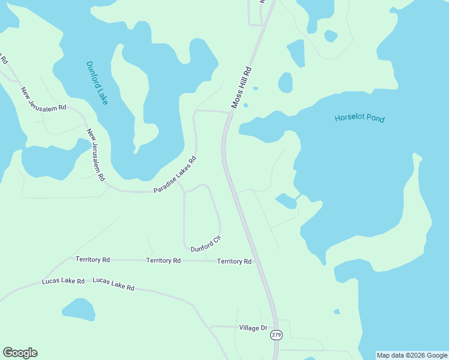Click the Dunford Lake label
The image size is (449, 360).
point(97,83)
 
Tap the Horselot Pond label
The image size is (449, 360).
point(359,118)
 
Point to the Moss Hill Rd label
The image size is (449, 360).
point(241,88)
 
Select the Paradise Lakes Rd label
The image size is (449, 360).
point(175,175)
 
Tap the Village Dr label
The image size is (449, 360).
point(253,328)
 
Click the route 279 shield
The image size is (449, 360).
point(276,335)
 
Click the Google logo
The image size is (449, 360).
point(20,353)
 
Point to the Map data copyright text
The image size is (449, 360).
point(411,355)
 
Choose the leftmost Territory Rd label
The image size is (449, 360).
point(92,260)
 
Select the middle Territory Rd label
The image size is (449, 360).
point(163,260)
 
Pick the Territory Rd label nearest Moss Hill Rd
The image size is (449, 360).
point(234,262)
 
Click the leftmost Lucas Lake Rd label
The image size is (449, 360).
point(63,281)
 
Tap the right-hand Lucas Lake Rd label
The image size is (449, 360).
point(113,284)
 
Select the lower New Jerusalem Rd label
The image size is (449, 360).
point(95,155)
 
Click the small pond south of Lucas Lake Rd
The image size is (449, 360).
point(79,309)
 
